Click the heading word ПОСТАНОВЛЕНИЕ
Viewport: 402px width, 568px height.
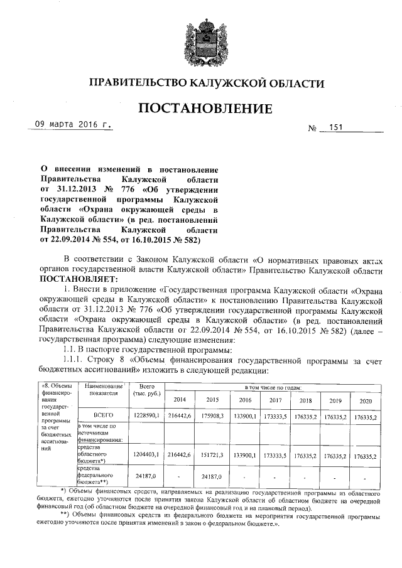point(205,108)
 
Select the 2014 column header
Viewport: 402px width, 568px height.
point(179,399)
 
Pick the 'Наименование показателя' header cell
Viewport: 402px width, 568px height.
point(99,392)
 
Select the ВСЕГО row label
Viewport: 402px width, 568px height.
point(99,415)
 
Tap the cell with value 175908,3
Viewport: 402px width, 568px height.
point(211,415)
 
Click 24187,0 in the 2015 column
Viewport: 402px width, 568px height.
point(211,476)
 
